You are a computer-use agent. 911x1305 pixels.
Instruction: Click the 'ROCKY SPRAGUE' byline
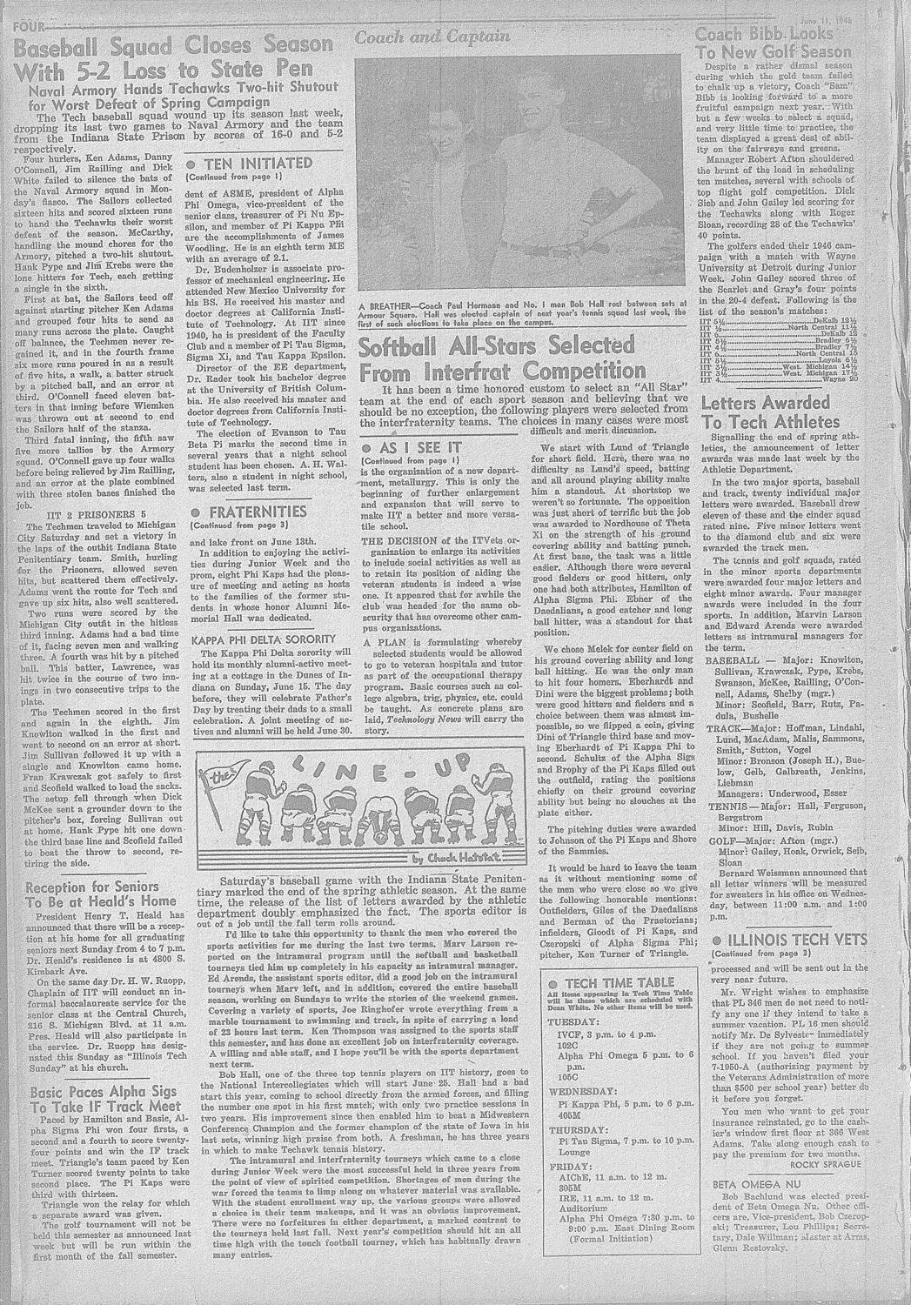(x=826, y=1163)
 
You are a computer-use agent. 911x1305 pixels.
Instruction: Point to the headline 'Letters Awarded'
(x=766, y=403)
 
